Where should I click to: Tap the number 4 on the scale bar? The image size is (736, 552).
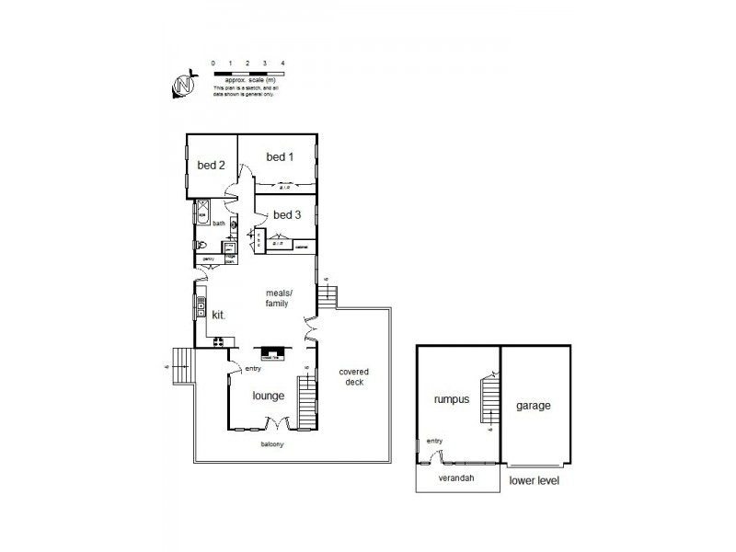pos(282,63)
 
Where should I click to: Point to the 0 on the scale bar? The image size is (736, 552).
pos(213,63)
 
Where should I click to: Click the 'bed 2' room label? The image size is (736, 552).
pos(212,166)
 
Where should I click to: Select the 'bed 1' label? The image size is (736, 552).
pos(280,157)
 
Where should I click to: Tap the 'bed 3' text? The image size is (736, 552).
pos(287,215)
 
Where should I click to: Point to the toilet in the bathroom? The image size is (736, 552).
pos(200,245)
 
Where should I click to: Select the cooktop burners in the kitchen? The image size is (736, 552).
pos(220,342)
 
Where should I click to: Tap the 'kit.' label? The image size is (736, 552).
pos(219,315)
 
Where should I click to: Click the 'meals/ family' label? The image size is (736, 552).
pos(277,297)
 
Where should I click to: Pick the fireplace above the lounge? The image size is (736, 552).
pos(273,351)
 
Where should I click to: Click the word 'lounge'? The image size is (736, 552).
pos(269,396)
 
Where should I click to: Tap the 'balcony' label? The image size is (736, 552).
pos(271,444)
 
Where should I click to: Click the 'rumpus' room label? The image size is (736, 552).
pos(452,400)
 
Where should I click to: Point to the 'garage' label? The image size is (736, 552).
pos(534,405)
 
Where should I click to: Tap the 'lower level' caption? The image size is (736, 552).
pos(534,481)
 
